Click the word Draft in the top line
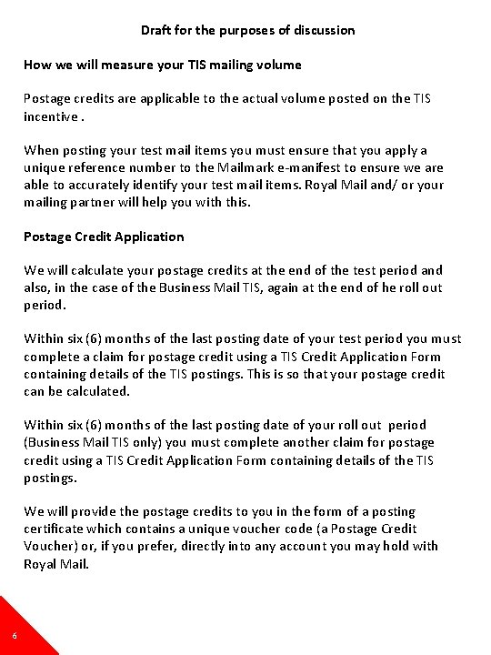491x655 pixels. tap(157, 30)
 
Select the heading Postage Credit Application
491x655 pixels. tap(104, 237)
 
